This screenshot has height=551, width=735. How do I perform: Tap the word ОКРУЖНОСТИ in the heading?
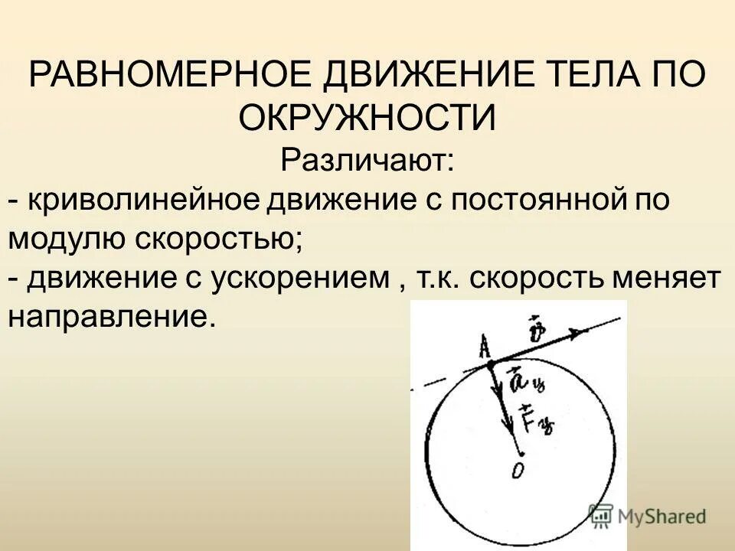pyautogui.click(x=367, y=118)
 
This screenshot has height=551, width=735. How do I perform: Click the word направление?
pyautogui.click(x=107, y=317)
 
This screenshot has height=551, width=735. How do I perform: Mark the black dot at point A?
pyautogui.click(x=491, y=365)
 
